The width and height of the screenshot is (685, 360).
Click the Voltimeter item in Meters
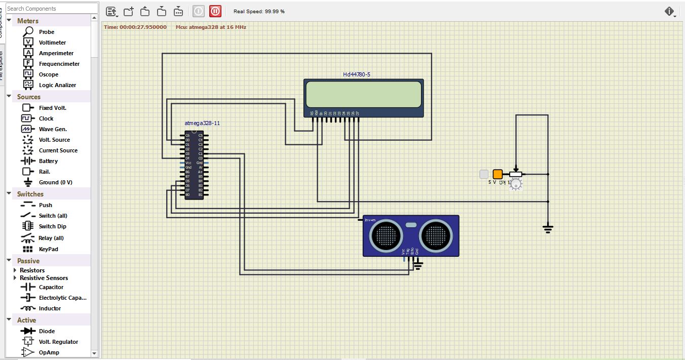pyautogui.click(x=52, y=43)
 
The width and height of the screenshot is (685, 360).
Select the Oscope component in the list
pyautogui.click(x=48, y=74)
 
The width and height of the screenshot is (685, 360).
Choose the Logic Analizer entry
pyautogui.click(x=57, y=85)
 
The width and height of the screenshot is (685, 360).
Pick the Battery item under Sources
pyautogui.click(x=48, y=161)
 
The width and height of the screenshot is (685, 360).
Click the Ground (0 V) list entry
pyautogui.click(x=55, y=182)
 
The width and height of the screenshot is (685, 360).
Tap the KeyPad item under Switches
pyautogui.click(x=48, y=249)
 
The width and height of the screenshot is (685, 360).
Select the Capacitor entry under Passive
pyautogui.click(x=51, y=287)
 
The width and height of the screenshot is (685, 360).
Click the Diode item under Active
pyautogui.click(x=47, y=331)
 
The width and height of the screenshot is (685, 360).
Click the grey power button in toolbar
pyautogui.click(x=199, y=11)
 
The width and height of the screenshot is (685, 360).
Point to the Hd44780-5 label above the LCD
pyautogui.click(x=356, y=74)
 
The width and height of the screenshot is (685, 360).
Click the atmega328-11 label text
pyautogui.click(x=202, y=123)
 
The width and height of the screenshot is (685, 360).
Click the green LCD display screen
pyautogui.click(x=363, y=95)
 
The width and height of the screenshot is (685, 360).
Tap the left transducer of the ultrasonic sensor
pyautogui.click(x=387, y=235)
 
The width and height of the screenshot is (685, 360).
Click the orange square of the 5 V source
pyautogui.click(x=498, y=174)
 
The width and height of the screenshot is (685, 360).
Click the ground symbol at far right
pyautogui.click(x=548, y=229)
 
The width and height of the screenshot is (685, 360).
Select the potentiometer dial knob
pyautogui.click(x=516, y=185)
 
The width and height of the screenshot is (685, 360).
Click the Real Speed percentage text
pyautogui.click(x=259, y=11)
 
